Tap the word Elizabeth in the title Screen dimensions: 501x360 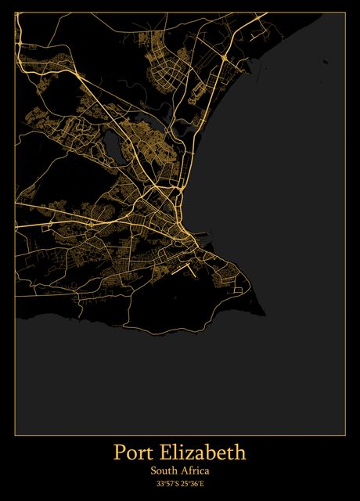203,452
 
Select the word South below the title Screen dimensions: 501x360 164,471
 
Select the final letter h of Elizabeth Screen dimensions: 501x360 239,452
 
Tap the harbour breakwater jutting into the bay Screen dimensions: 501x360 202,233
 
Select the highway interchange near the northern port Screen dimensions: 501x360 224,59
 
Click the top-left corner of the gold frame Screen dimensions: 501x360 15,13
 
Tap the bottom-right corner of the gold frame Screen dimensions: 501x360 345,434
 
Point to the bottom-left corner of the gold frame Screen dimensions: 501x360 15,434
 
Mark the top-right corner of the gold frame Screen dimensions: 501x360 345,13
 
